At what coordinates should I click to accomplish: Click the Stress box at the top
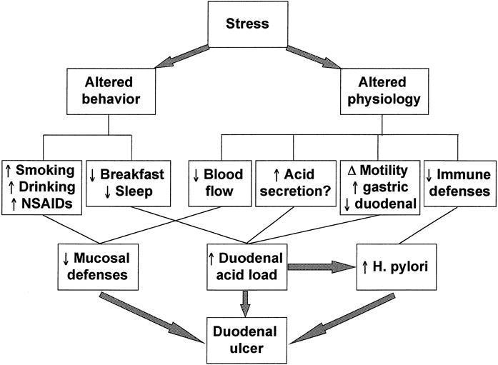248,24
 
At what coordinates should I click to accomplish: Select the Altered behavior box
111,91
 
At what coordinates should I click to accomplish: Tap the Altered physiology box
384,91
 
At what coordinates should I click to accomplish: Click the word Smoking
45,170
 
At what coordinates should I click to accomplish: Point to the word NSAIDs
47,204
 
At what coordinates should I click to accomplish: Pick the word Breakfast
132,174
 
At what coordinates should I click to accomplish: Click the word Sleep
134,191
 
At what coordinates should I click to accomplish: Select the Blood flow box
220,184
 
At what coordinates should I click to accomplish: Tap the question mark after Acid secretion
327,191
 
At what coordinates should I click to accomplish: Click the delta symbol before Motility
352,171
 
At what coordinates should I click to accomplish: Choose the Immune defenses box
460,184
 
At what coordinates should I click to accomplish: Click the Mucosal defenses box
98,267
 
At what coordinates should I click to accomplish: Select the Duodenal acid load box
247,267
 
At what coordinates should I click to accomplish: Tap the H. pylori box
397,267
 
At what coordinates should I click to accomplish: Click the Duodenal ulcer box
246,340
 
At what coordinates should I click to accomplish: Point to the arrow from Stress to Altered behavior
182,57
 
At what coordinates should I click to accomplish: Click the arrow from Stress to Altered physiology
314,57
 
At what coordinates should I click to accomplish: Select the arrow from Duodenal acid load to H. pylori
321,267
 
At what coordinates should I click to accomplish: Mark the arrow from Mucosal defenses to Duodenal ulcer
151,317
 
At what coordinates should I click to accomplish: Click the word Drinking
47,187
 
